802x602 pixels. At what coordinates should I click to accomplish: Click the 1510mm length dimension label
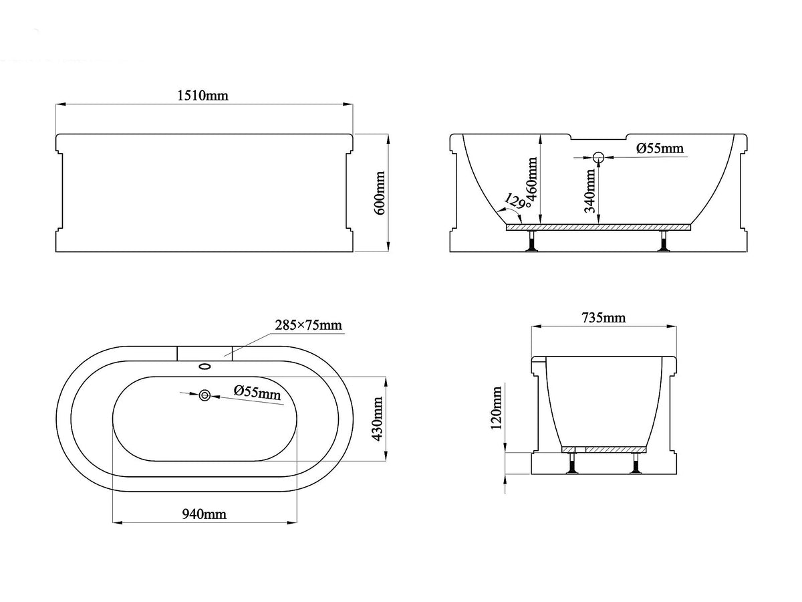click(203, 96)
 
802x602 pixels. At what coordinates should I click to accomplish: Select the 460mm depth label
click(533, 183)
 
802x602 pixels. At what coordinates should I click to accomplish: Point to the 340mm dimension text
click(589, 191)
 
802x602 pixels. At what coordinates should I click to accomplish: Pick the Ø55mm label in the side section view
click(660, 148)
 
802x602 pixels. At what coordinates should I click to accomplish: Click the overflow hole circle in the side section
click(598, 158)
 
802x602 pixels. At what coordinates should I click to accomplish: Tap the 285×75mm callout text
click(308, 325)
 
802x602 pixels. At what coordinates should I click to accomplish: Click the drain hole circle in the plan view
click(205, 395)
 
